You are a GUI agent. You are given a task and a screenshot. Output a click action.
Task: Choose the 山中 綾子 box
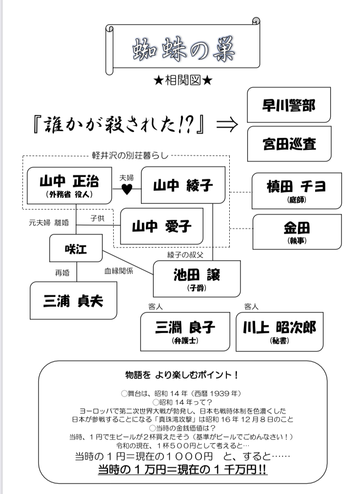(x=183, y=185)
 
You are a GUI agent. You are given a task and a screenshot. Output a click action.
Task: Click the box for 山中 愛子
(x=162, y=226)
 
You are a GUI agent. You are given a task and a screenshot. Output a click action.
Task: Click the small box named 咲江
(x=75, y=248)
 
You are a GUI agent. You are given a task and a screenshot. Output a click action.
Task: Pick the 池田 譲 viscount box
(x=197, y=278)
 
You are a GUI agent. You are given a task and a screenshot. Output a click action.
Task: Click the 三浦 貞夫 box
(x=73, y=300)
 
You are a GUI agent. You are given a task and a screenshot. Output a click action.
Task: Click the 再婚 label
(x=62, y=273)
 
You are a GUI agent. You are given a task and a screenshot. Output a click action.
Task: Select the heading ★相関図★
(x=180, y=80)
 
